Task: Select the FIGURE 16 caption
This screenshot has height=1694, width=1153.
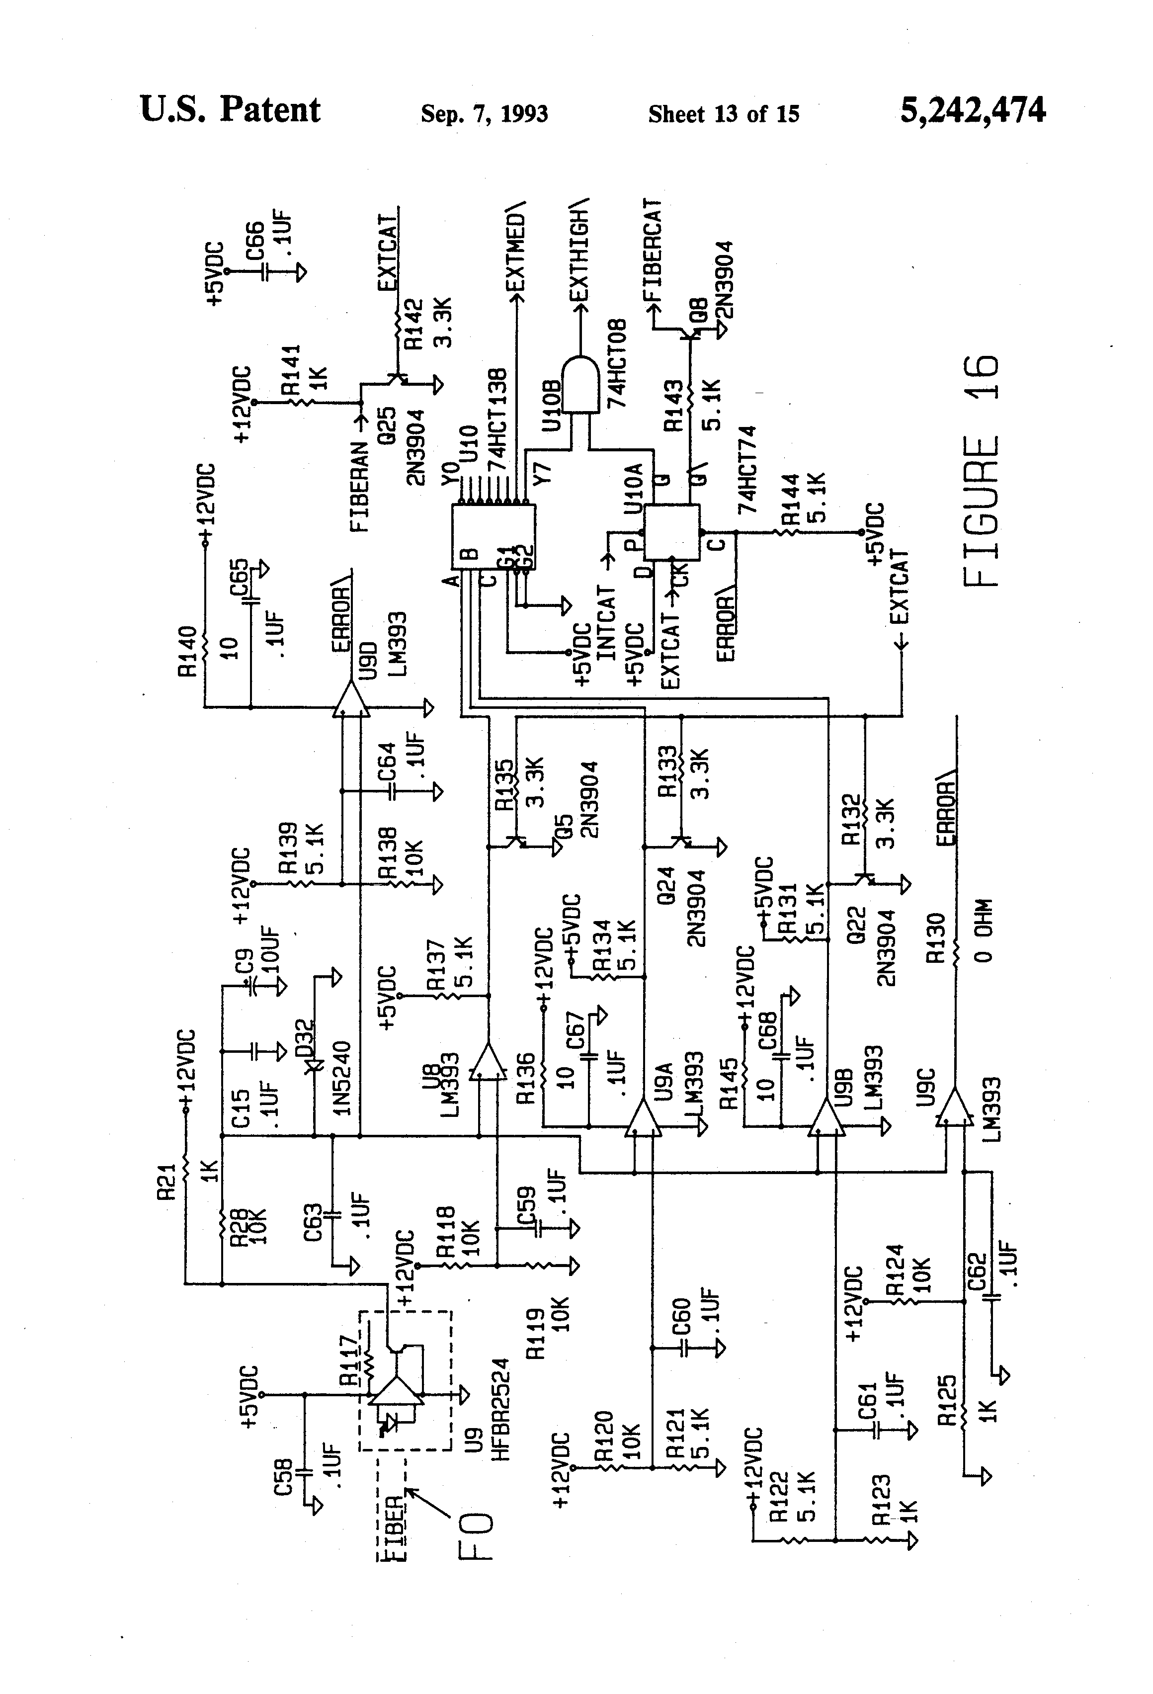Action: [980, 472]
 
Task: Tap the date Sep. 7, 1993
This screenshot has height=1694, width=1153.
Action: [484, 114]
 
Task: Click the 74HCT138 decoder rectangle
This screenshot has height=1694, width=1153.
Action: [494, 537]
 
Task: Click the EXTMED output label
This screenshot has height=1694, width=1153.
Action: [515, 248]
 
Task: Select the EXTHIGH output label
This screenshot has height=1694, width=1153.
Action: [579, 250]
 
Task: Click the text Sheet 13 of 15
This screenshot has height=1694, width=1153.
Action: [723, 114]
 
